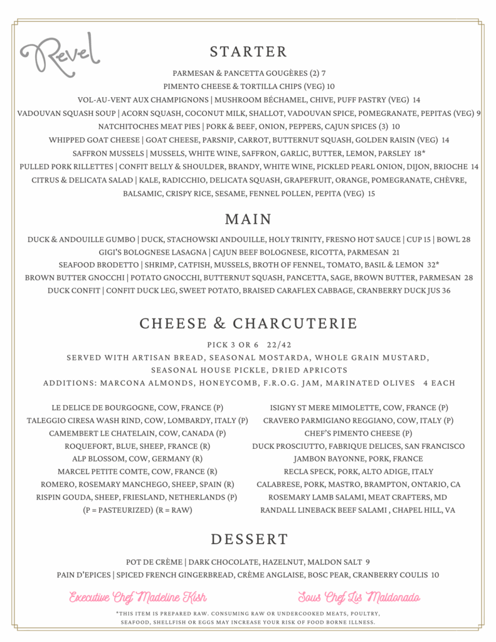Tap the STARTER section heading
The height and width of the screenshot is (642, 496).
pos(248,51)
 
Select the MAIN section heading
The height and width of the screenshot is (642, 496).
pos(248,219)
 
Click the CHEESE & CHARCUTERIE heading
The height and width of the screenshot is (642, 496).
pos(248,324)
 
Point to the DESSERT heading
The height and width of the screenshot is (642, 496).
pos(249,539)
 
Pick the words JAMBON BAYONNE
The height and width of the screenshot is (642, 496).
pos(315,459)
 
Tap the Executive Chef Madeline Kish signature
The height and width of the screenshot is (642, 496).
pos(138,596)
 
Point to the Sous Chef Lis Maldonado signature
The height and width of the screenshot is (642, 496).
pos(359,596)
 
